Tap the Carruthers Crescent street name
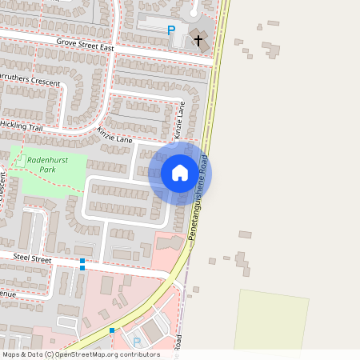(29, 82)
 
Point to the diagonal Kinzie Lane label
(114, 134)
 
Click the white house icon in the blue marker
(180, 172)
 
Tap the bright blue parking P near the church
(170, 30)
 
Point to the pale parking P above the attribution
(136, 342)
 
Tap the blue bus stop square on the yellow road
(112, 330)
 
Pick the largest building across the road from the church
(271, 50)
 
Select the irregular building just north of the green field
(241, 262)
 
